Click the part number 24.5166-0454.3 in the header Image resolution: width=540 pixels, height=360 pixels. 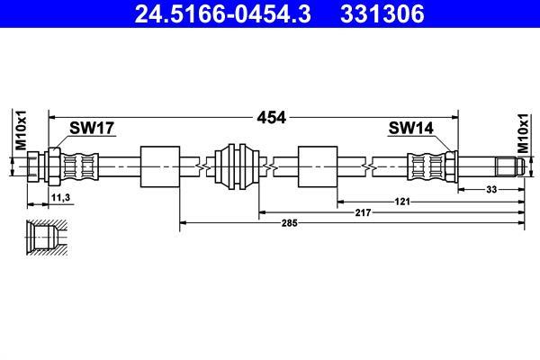click(x=222, y=13)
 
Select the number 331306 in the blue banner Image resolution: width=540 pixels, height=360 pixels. click(x=382, y=13)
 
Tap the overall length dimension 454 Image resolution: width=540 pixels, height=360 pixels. click(x=272, y=118)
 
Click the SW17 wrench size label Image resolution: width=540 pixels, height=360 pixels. click(x=92, y=128)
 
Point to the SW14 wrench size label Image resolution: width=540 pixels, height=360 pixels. click(x=411, y=128)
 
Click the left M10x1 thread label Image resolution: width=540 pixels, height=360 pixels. click(x=21, y=130)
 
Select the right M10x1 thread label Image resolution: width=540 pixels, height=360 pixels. click(x=523, y=133)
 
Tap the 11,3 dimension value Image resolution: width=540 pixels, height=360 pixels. click(x=60, y=198)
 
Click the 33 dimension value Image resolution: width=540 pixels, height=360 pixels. click(x=491, y=189)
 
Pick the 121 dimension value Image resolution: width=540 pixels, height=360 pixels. click(x=402, y=202)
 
